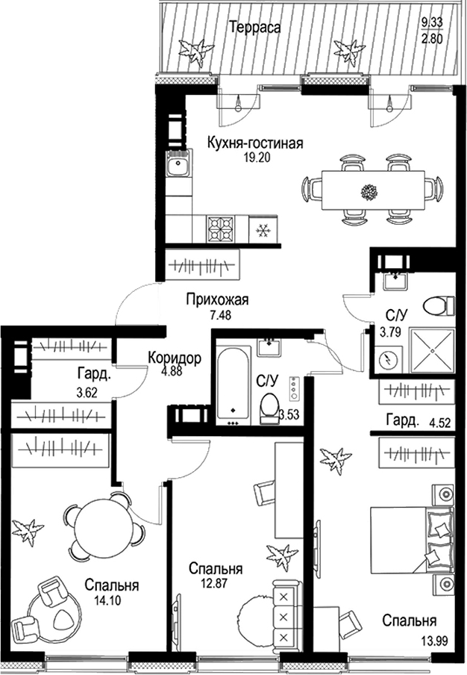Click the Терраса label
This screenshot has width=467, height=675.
coord(254,28)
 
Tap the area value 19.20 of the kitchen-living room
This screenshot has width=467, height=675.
coord(254,158)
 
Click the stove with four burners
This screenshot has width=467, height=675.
coord(220,228)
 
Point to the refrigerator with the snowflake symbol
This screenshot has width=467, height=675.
coord(263,229)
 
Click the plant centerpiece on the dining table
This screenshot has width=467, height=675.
coord(369,192)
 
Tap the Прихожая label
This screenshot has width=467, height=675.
coord(216,301)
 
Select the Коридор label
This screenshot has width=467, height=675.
coord(173,358)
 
